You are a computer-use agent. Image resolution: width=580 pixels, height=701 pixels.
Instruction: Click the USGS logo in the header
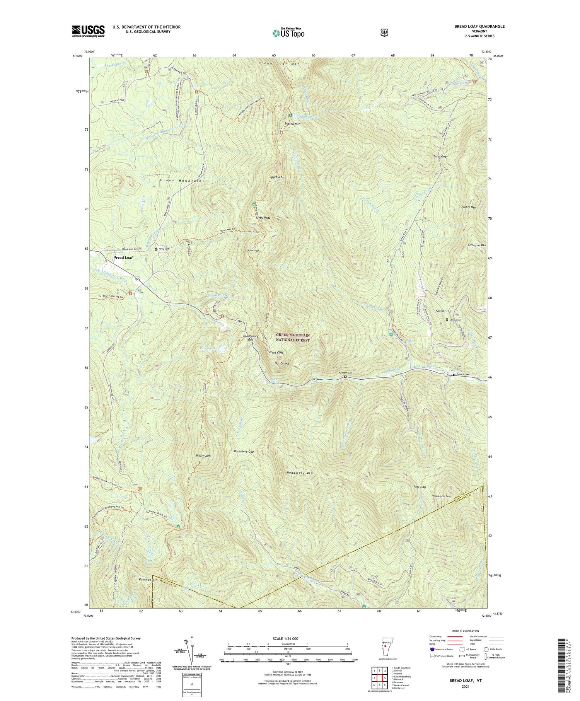tap(88, 31)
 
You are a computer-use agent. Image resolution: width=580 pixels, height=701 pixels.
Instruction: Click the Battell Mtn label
tap(292, 124)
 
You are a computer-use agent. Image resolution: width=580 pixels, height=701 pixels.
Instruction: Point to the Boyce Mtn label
tap(276, 177)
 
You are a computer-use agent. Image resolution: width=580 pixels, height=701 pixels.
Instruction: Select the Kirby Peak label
tap(263, 218)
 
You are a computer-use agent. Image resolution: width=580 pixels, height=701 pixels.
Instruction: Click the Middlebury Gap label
tap(251, 338)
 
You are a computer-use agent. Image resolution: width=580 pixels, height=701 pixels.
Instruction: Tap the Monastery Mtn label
tap(299, 473)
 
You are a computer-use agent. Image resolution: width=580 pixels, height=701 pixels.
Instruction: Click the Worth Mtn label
tap(203, 456)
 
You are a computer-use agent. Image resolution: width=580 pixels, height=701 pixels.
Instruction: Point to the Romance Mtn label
tap(148, 580)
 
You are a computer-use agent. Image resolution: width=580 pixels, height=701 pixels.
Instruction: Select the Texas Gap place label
tap(440, 157)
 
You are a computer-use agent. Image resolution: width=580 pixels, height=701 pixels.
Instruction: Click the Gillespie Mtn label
tap(477, 245)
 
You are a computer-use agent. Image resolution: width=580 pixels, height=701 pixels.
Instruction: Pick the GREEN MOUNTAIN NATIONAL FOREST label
tap(293, 338)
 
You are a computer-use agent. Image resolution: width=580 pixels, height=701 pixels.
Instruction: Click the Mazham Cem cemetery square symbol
tap(345, 376)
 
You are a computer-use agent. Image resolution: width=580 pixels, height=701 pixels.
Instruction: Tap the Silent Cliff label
tap(276, 353)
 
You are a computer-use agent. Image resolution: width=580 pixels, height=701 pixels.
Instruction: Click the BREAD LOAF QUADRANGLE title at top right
tap(479, 26)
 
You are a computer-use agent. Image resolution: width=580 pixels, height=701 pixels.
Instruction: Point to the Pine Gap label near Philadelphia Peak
tap(420, 487)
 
